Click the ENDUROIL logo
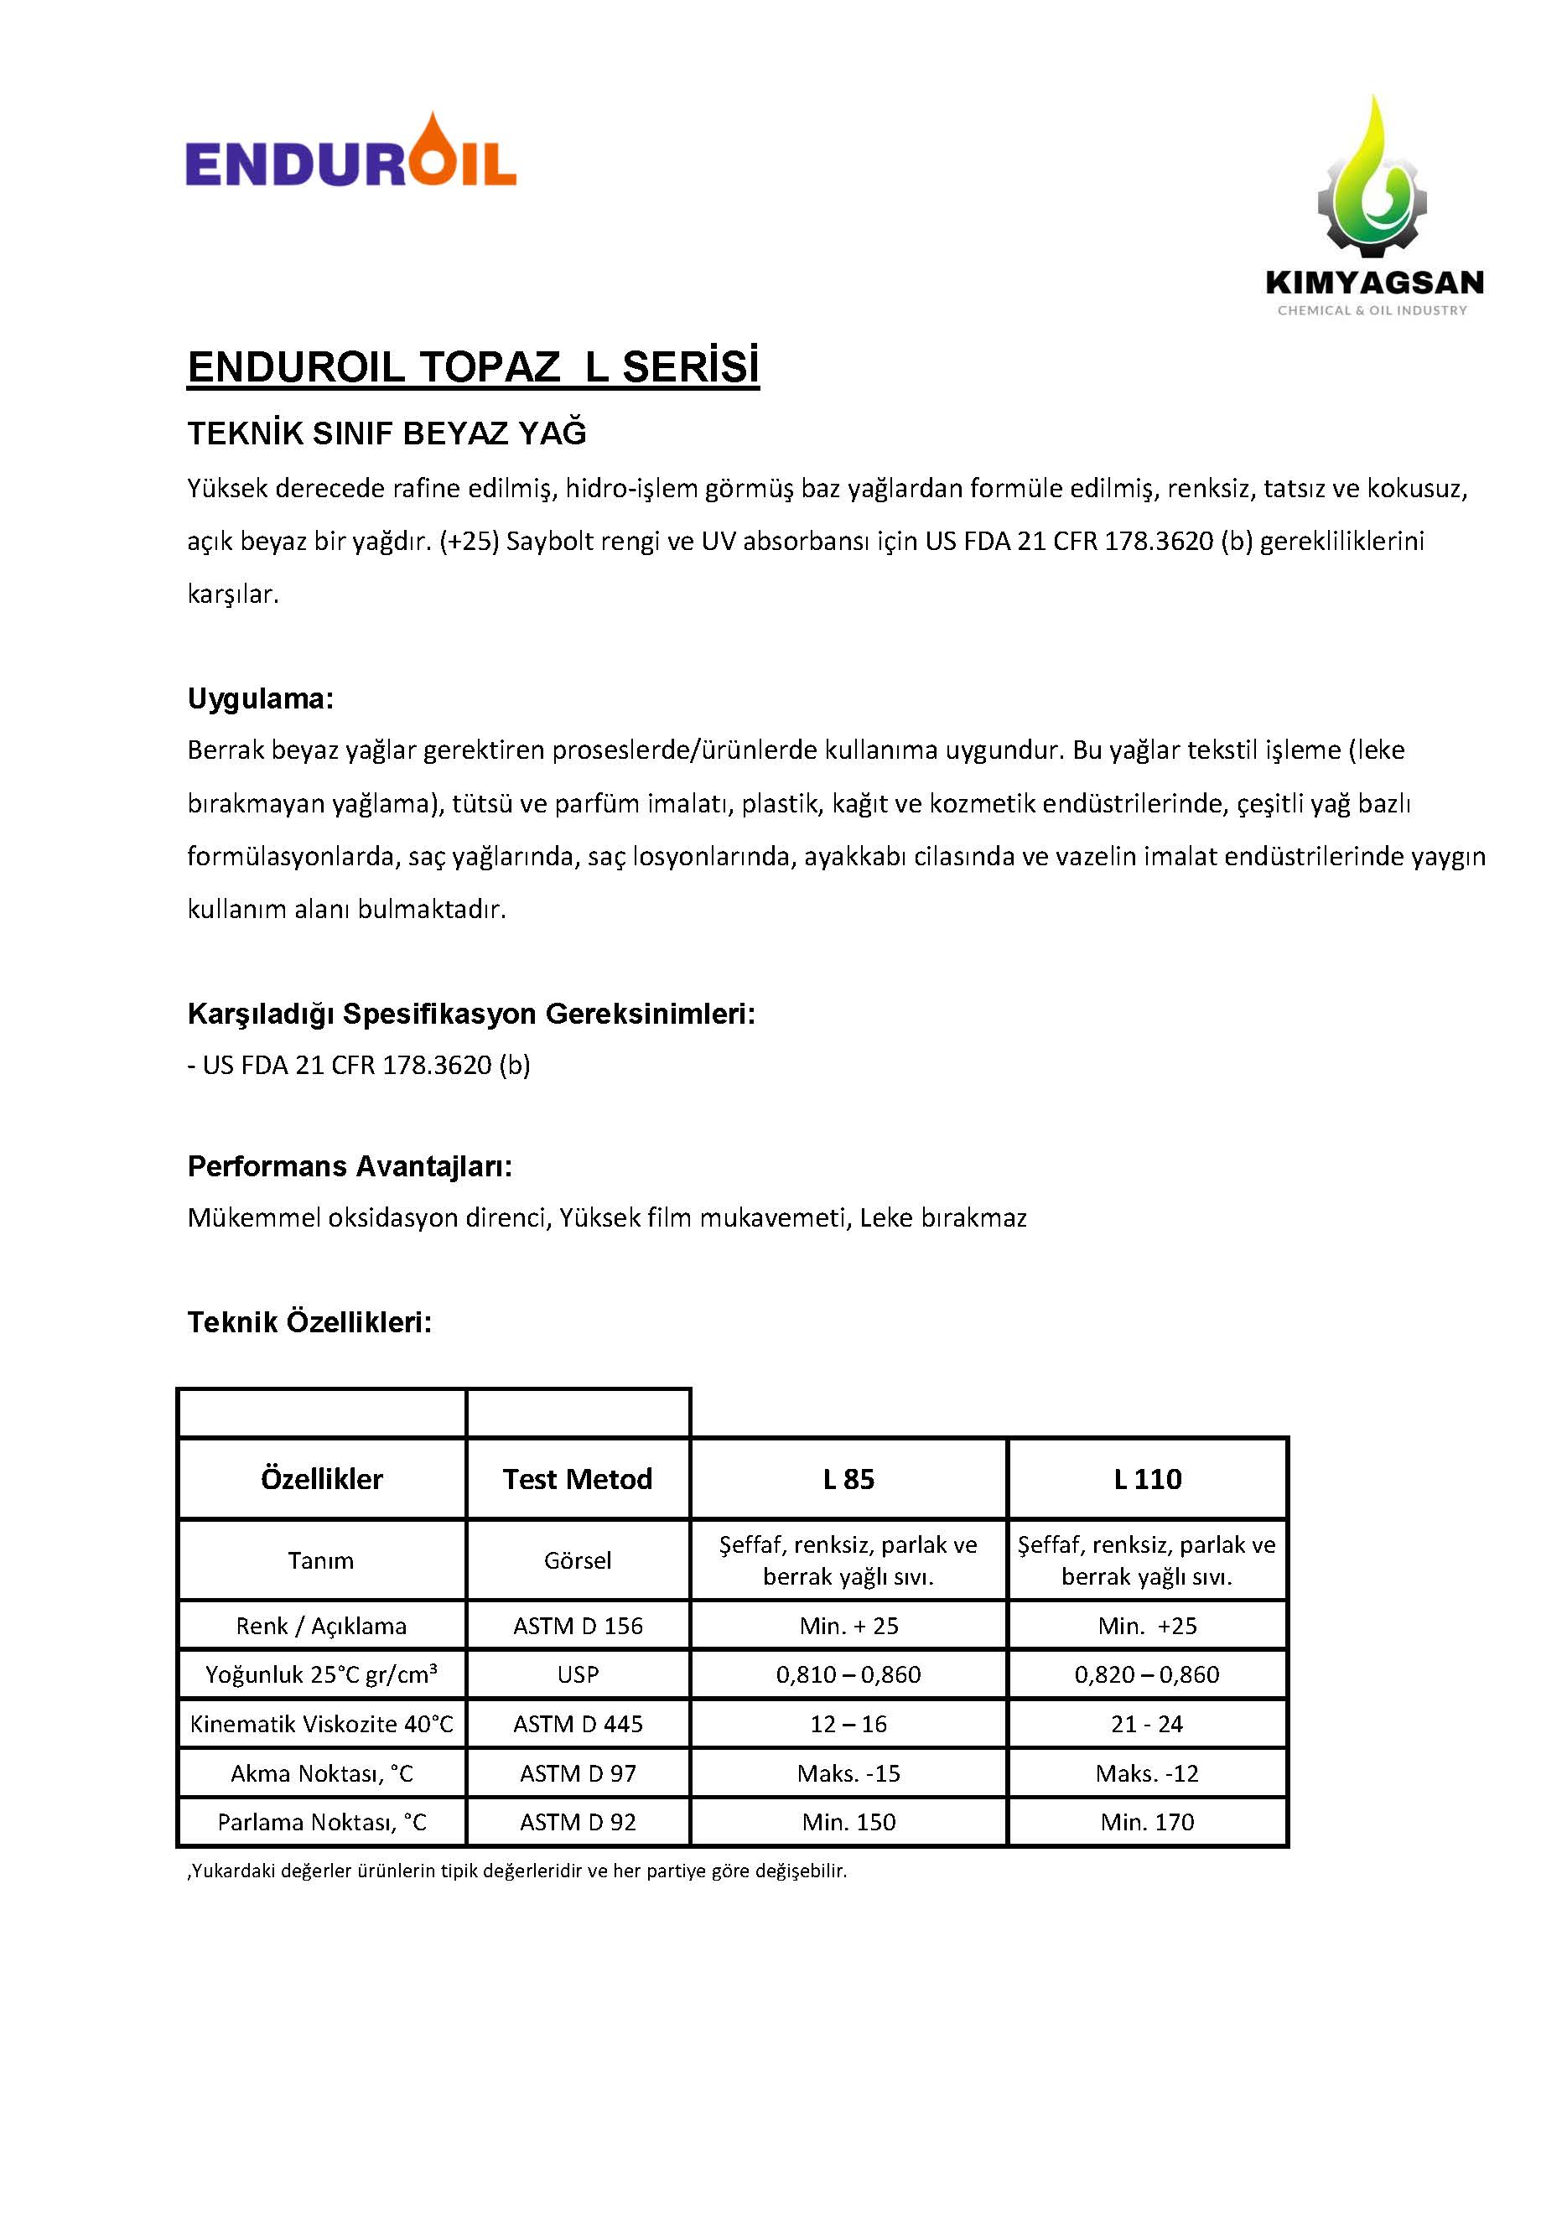tap(350, 153)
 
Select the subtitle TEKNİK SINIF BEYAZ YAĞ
tap(386, 433)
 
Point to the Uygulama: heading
tap(260, 698)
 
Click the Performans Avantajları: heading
tap(350, 1166)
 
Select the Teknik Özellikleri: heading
tap(309, 1322)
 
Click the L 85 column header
tap(848, 1480)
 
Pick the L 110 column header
tap(1146, 1480)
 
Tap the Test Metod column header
tap(577, 1480)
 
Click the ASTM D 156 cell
tap(577, 1627)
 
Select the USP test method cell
tap(577, 1674)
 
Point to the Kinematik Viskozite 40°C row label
tap(321, 1724)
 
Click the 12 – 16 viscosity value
tap(848, 1724)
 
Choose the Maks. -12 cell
tap(1146, 1773)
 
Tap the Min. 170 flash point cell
tap(1146, 1822)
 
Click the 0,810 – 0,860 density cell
tap(848, 1674)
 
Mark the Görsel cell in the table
tap(577, 1560)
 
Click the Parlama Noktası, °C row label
tap(321, 1822)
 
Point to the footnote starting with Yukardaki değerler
tap(517, 1871)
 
